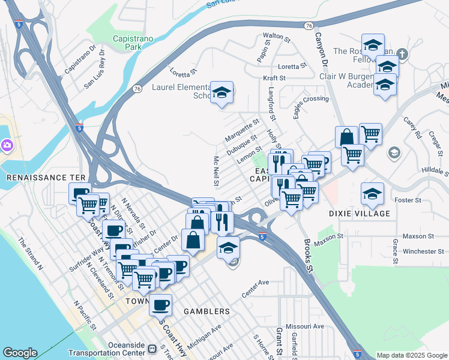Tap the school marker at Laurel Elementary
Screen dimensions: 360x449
point(222,92)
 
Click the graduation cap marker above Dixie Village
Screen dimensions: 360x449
point(373,193)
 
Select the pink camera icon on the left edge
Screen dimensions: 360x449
point(7,145)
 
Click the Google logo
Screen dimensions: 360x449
point(20,353)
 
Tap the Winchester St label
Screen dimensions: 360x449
point(424,251)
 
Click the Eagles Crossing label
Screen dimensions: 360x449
point(311,99)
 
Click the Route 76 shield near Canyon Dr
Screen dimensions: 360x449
point(309,26)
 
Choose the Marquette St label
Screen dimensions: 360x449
point(241,131)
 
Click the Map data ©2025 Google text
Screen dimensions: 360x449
point(411,355)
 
